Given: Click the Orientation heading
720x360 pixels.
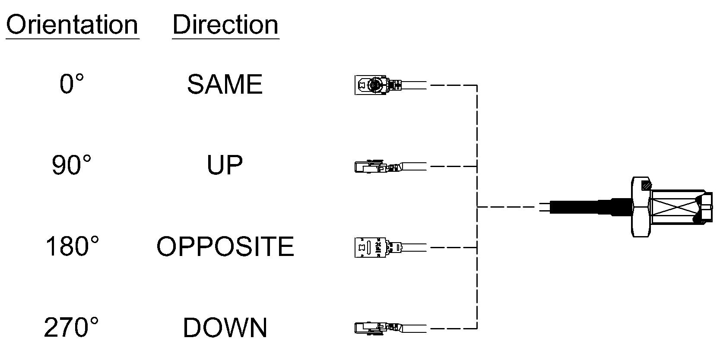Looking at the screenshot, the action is click(x=72, y=25).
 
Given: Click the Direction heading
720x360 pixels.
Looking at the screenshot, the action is click(x=225, y=25).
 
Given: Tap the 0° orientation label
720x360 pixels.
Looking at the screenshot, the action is click(x=72, y=84).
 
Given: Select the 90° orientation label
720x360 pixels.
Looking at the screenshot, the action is click(x=71, y=165).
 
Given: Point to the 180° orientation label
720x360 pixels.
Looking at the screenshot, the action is click(x=72, y=246).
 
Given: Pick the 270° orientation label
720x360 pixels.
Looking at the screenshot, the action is click(x=71, y=327).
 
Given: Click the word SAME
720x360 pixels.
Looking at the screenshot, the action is click(x=225, y=84).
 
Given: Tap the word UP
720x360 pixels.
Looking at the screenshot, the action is click(x=225, y=165).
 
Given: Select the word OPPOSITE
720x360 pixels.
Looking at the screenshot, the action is click(x=225, y=246).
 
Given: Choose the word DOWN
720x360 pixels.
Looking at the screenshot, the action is click(x=225, y=328).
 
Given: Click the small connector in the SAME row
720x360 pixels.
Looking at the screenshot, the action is click(x=390, y=85).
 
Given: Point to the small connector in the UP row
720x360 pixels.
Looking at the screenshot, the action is click(x=390, y=166).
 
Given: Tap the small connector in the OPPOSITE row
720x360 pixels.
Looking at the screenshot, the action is click(x=390, y=247).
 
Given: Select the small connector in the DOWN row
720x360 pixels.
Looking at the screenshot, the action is click(x=390, y=328).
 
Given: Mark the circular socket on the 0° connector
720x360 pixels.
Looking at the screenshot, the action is click(x=374, y=85).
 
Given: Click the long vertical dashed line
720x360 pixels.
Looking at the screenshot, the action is click(x=477, y=207).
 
